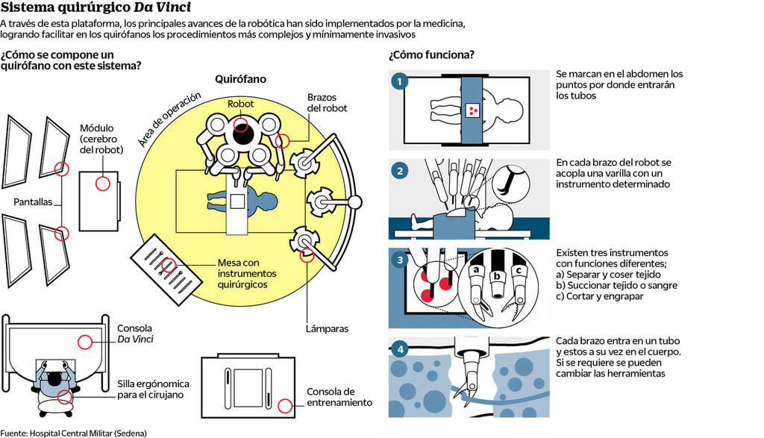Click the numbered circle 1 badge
[x=400, y=81]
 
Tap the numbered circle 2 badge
[x=400, y=170]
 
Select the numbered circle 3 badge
[x=400, y=260]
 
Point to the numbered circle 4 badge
[x=400, y=348]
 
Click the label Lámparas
[x=326, y=328]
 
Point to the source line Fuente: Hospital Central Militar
[x=73, y=433]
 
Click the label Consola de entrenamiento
[x=339, y=397]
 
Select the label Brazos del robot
[x=327, y=103]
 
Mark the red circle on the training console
[x=284, y=406]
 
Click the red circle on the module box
[x=101, y=184]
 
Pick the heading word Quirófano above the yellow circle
[x=240, y=78]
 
